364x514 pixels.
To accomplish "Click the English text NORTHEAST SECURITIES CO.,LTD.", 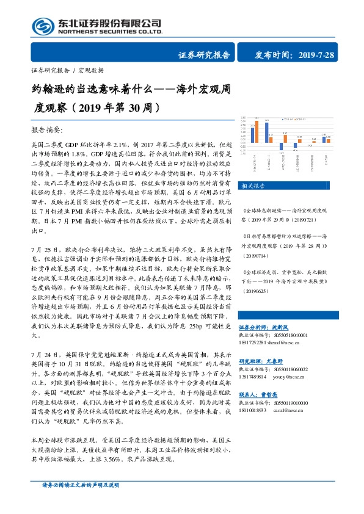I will click(110, 32).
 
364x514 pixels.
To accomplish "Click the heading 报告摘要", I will click(46, 130).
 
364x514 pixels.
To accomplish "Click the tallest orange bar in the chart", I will click(257, 131).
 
